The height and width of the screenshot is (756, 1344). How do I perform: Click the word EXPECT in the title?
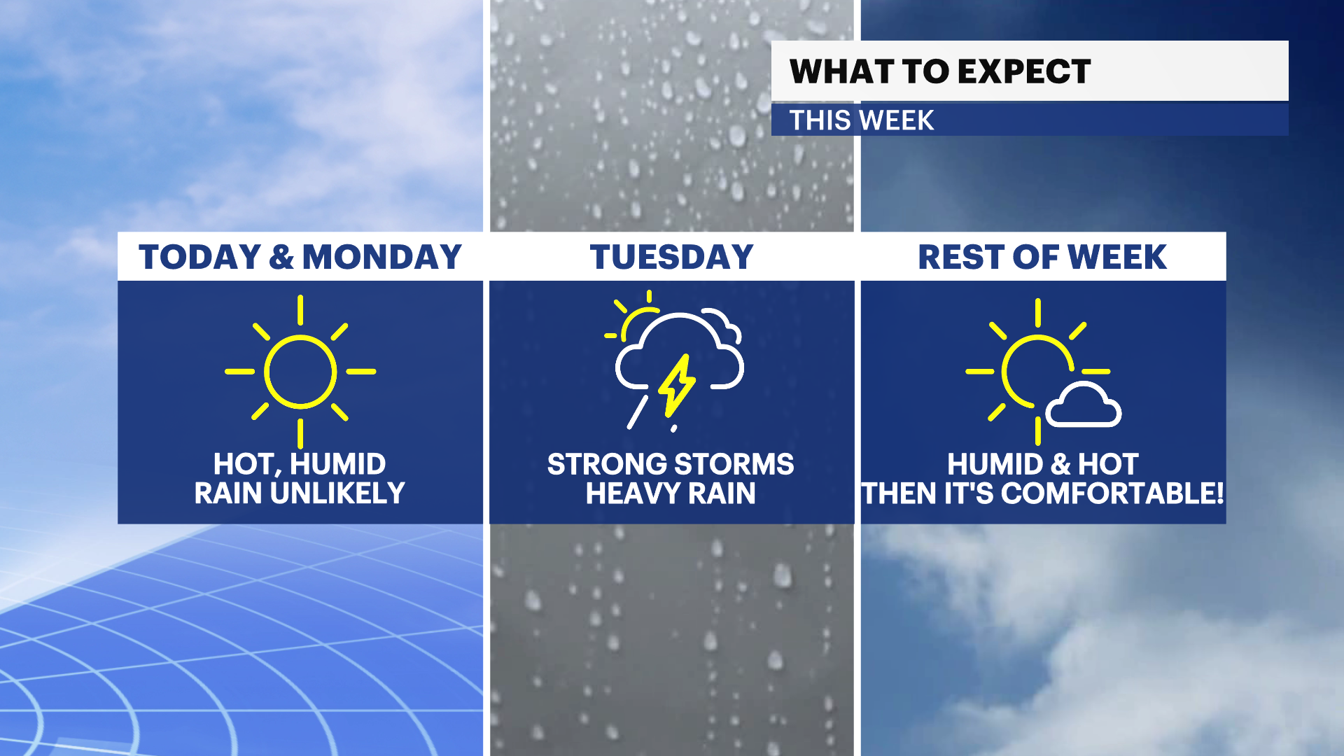(x=1024, y=71)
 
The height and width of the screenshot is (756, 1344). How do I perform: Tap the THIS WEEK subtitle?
(x=862, y=120)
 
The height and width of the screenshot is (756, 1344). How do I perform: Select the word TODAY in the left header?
(x=199, y=257)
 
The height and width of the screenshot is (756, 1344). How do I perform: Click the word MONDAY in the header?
(x=382, y=257)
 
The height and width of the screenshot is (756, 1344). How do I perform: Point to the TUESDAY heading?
(x=671, y=257)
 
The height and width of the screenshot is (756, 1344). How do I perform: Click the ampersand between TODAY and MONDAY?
(x=281, y=257)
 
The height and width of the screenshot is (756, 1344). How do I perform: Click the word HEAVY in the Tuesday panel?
(x=633, y=493)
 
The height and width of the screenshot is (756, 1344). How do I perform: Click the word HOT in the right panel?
(x=1108, y=464)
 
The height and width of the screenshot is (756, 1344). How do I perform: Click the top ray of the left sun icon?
(x=300, y=309)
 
